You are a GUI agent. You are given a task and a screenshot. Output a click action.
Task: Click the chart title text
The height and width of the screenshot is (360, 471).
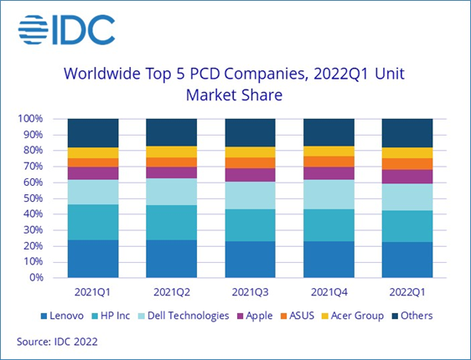click(235, 84)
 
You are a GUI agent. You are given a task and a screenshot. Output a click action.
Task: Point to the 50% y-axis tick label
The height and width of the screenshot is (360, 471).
click(31, 198)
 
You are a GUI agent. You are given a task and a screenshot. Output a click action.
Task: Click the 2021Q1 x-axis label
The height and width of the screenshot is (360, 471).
click(93, 292)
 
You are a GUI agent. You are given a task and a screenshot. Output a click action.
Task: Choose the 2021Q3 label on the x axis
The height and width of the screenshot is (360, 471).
click(250, 292)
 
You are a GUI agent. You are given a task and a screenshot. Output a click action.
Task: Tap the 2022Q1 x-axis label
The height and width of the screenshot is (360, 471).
click(406, 292)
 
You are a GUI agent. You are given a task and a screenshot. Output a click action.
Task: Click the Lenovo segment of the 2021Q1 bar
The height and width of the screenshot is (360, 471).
click(93, 258)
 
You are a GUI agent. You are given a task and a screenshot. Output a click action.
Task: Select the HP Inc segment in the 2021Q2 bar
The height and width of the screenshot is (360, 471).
click(171, 222)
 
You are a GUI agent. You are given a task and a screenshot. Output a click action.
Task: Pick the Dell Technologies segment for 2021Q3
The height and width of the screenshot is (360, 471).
click(250, 195)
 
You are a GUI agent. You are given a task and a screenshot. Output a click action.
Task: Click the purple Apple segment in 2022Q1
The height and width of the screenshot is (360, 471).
click(406, 176)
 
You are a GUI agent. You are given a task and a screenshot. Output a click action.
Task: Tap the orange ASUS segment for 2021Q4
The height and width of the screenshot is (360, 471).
click(329, 162)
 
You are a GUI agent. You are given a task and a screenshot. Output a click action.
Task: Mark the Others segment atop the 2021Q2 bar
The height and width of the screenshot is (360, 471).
click(171, 132)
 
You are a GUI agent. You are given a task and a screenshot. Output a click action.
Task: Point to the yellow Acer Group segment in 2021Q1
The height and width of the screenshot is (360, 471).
click(93, 152)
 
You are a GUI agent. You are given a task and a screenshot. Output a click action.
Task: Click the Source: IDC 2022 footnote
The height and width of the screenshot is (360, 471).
click(56, 341)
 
